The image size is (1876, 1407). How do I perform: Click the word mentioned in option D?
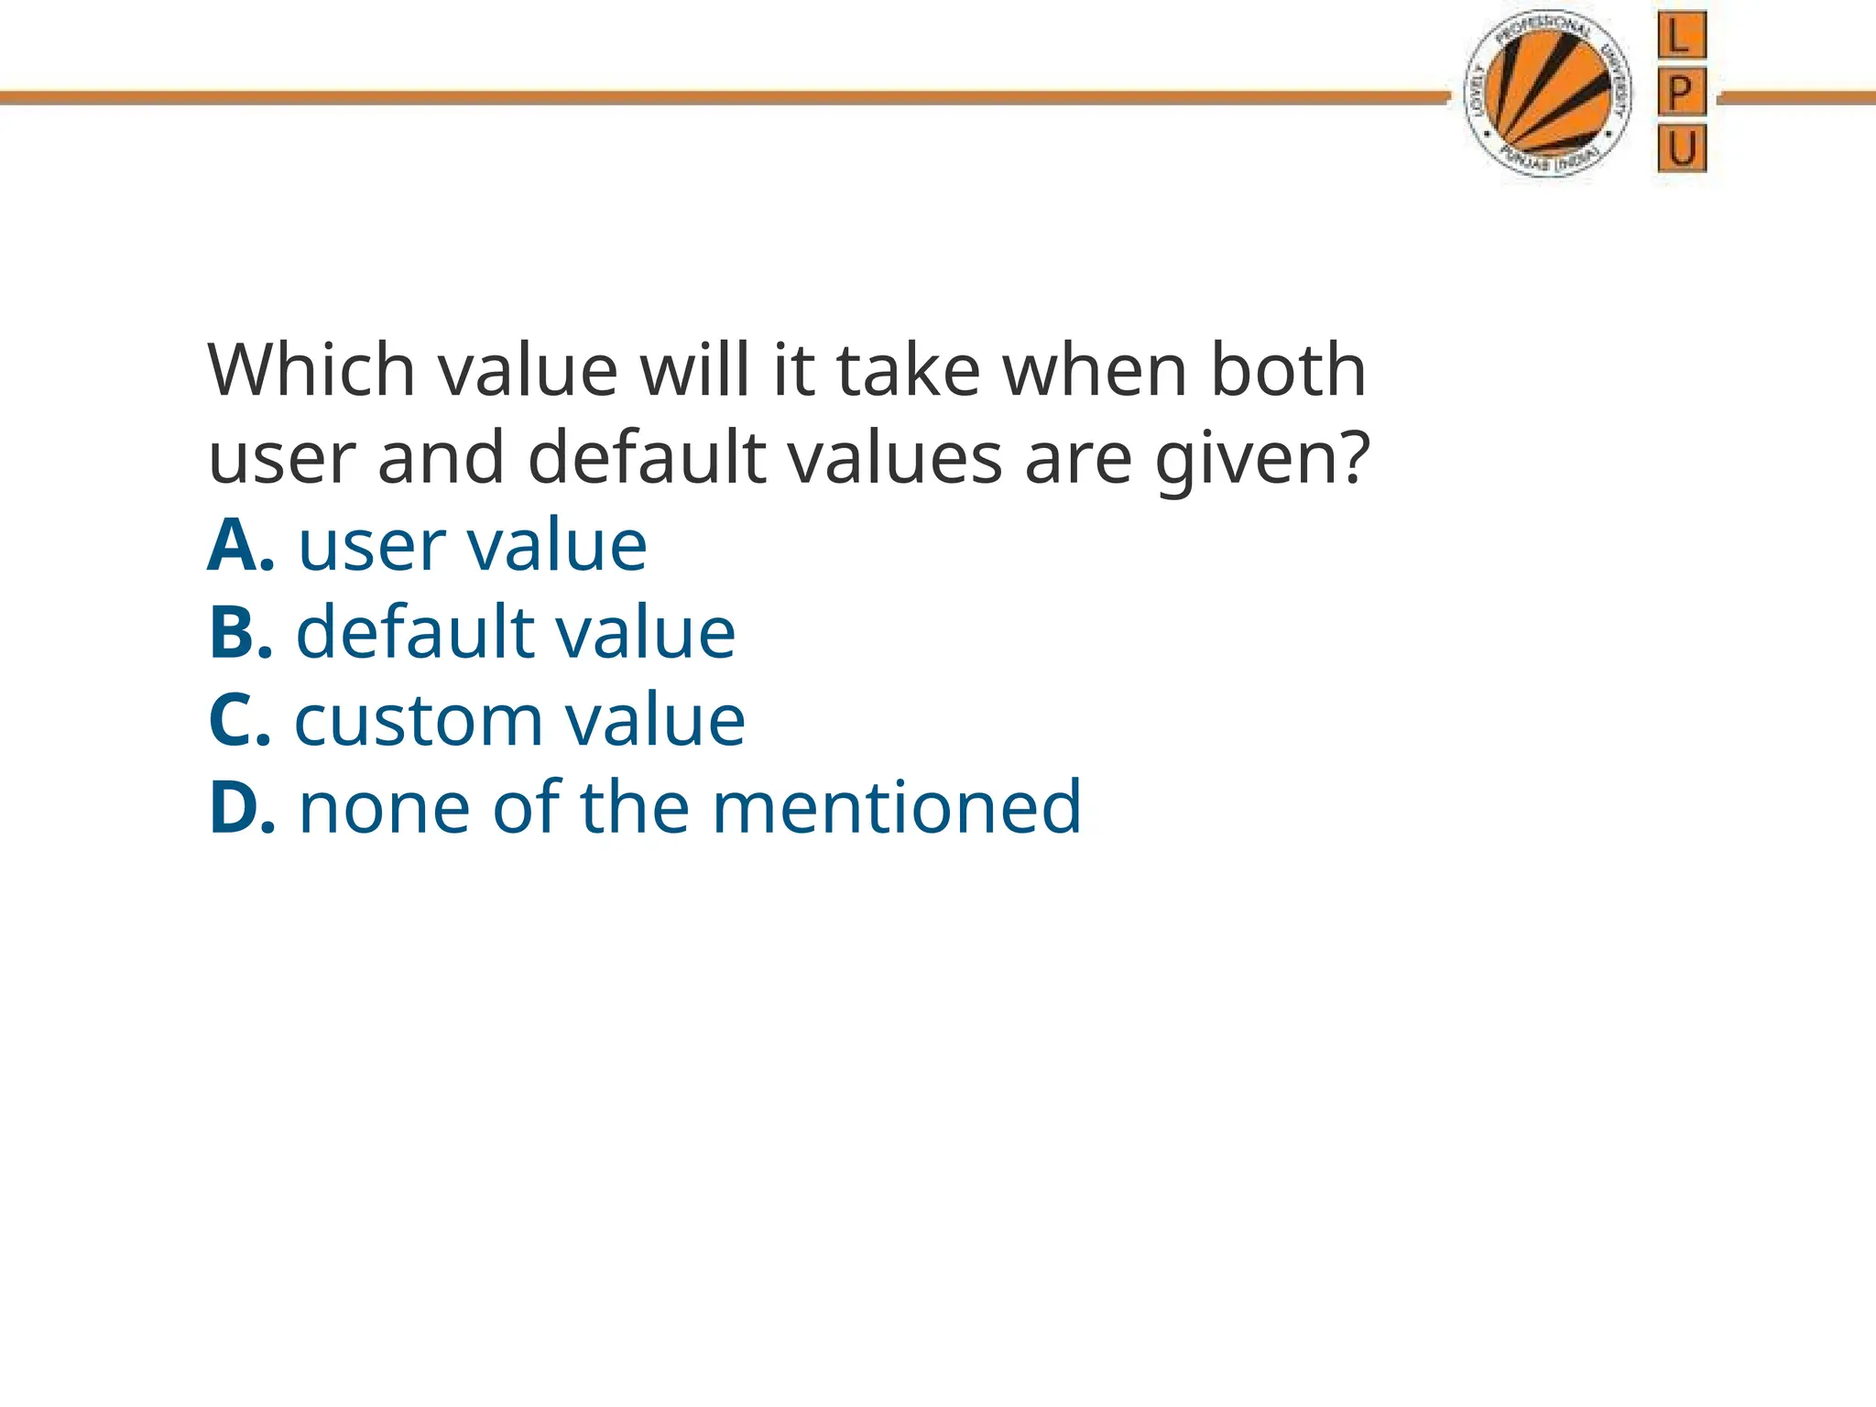pos(897,808)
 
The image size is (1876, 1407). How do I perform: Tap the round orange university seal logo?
pos(1548,96)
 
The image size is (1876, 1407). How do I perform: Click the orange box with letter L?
pos(1681,37)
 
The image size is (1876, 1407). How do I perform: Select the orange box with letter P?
pos(1681,93)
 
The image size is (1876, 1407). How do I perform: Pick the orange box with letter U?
pos(1681,148)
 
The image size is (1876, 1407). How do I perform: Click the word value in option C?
pos(654,721)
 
